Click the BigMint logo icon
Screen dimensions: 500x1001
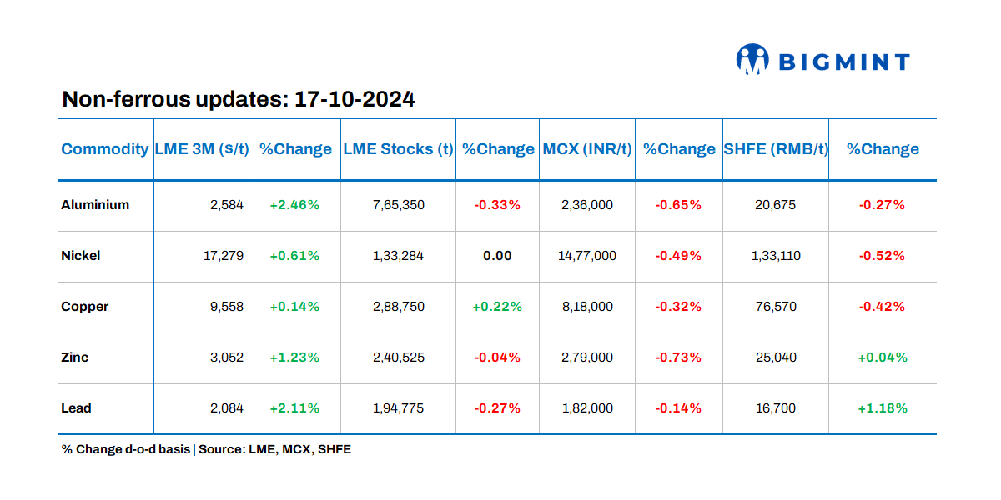click(752, 60)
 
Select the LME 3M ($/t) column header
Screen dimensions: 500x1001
click(202, 149)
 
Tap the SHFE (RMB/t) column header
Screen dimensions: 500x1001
click(775, 149)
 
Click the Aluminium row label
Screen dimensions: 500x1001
click(95, 205)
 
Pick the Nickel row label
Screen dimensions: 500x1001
click(81, 256)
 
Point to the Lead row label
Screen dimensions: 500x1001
click(76, 408)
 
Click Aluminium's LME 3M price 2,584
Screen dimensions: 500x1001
click(227, 205)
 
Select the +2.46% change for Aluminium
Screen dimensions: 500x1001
click(294, 205)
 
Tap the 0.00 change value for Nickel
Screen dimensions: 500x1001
click(497, 256)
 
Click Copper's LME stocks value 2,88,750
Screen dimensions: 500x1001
click(398, 307)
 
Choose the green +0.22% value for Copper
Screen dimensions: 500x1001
click(497, 307)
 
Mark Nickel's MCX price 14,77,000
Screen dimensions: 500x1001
click(587, 256)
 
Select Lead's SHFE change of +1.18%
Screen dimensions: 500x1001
click(882, 408)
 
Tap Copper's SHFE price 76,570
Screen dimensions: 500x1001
click(775, 307)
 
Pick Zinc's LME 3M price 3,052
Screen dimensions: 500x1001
click(227, 357)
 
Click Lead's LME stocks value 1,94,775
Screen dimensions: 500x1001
click(398, 408)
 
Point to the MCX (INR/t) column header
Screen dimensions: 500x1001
click(587, 149)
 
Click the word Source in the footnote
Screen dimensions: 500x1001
click(223, 449)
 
